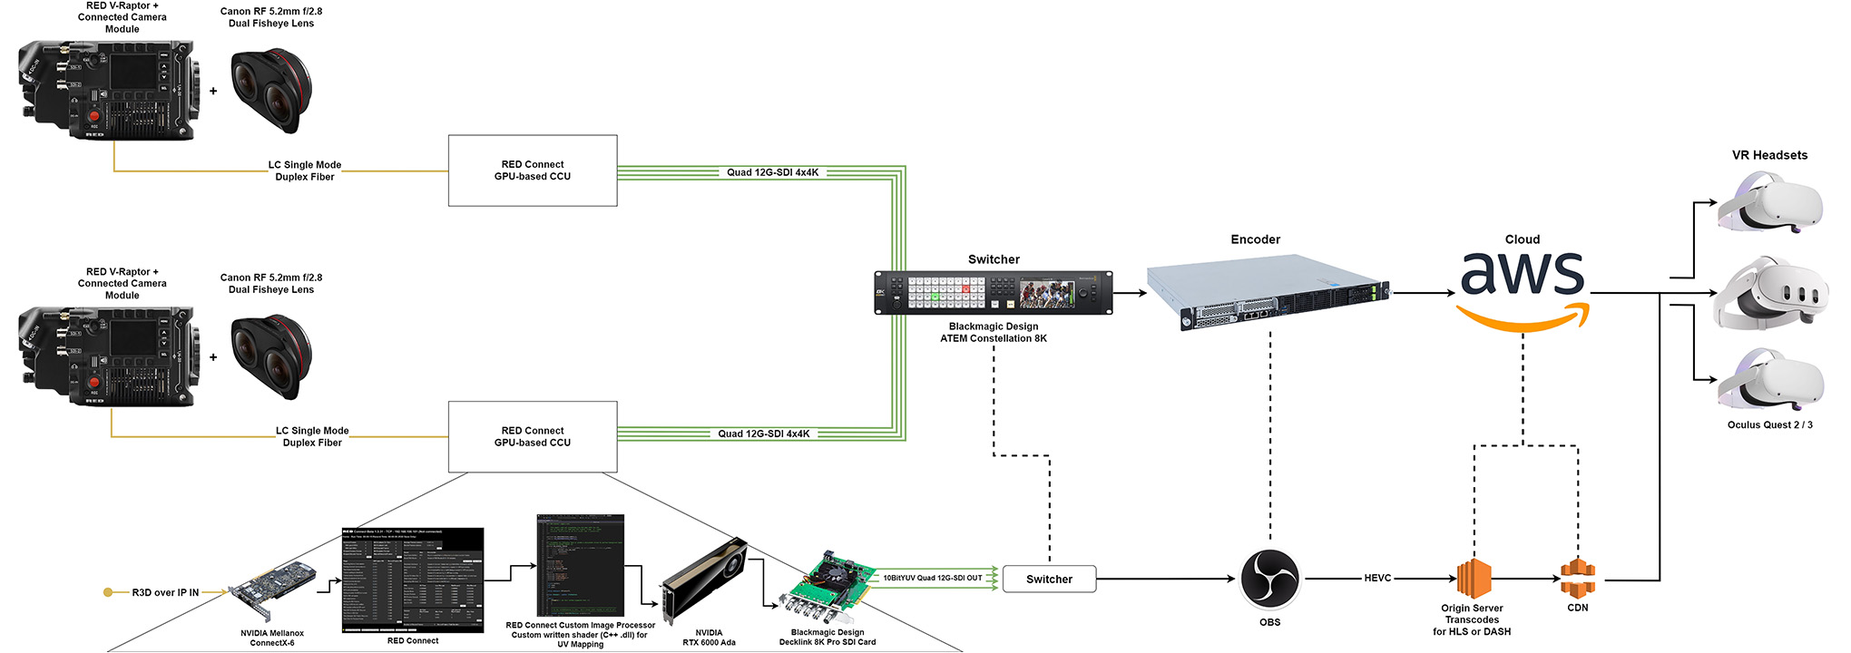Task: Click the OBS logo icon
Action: point(1269,578)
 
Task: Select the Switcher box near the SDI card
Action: point(1049,579)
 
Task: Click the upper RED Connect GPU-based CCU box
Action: point(533,171)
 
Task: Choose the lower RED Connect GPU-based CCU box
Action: point(533,436)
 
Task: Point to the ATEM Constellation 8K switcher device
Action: point(994,292)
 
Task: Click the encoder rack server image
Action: point(1268,292)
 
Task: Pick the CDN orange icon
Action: point(1578,578)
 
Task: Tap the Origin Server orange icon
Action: point(1474,578)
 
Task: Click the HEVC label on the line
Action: point(1377,578)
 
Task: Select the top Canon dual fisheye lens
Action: point(271,91)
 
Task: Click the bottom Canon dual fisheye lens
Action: point(271,357)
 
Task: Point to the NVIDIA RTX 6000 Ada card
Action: point(705,580)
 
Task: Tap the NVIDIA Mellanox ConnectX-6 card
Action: point(273,590)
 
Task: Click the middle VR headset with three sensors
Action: point(1770,294)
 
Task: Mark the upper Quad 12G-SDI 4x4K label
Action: point(772,172)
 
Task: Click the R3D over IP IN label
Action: point(165,592)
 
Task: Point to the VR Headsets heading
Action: point(1769,155)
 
